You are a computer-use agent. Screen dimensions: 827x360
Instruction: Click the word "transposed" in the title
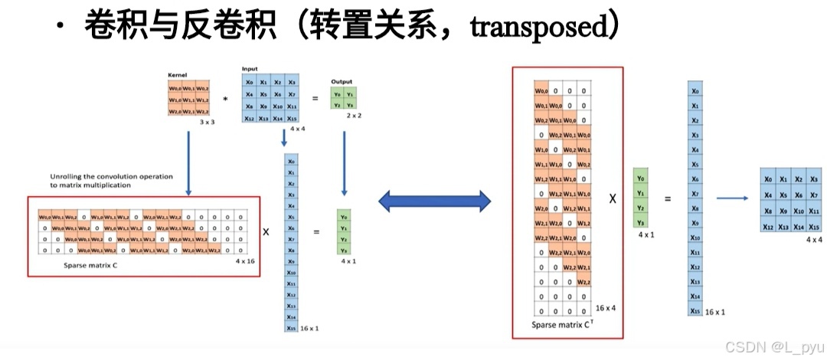(536, 28)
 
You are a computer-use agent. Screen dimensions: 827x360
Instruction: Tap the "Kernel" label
(177, 76)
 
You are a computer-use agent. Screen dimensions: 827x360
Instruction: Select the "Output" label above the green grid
(342, 81)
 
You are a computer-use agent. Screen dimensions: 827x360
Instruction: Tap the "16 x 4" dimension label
(605, 308)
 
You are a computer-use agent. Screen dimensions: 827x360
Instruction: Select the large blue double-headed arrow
(434, 201)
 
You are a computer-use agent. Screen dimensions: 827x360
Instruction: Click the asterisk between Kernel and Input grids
(225, 100)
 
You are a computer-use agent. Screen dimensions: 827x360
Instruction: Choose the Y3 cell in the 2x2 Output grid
(351, 104)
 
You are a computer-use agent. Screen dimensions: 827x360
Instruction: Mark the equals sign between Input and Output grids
(314, 99)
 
